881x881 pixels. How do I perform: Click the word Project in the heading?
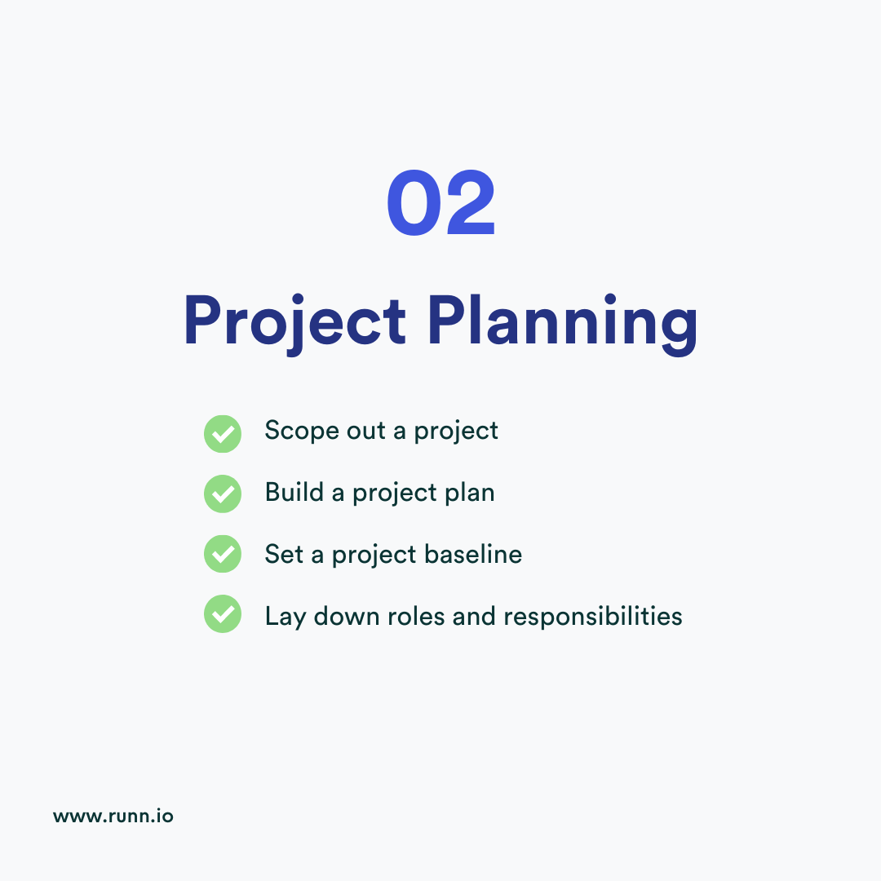294,321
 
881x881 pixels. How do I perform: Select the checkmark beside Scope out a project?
222,433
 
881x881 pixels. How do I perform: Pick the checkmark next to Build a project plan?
222,494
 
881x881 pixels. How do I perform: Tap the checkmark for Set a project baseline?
222,555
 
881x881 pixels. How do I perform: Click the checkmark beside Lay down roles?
222,614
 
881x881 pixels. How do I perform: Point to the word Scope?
294,432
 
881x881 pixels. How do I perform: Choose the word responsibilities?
592,617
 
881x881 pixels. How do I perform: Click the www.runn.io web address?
113,815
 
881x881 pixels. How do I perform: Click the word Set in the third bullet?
283,554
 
